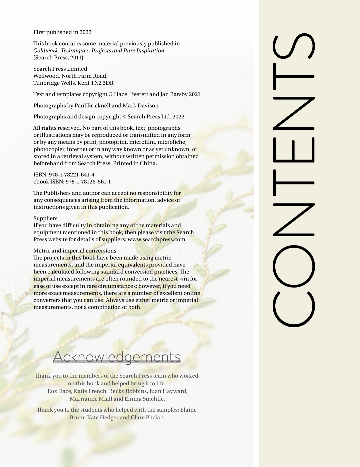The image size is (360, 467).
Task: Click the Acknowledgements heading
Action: click(x=117, y=357)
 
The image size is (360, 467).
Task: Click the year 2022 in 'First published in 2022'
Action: click(x=85, y=32)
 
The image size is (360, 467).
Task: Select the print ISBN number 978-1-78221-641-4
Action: click(x=72, y=175)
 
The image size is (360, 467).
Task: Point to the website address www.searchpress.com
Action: click(x=156, y=240)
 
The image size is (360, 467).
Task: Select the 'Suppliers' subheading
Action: click(x=45, y=218)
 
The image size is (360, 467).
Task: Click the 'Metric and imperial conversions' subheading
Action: click(x=75, y=251)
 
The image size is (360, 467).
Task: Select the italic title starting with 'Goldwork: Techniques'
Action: click(x=99, y=51)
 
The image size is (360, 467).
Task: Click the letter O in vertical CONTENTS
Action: click(x=294, y=266)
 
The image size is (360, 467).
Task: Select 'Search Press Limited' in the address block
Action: click(x=60, y=69)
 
